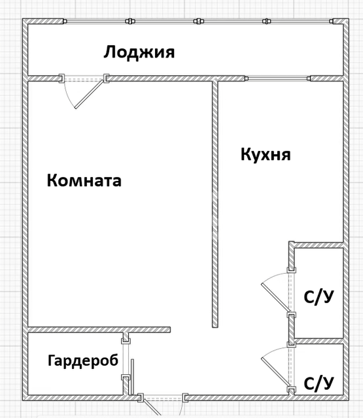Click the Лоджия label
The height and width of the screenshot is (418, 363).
[139, 52]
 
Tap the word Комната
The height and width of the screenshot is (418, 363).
[84, 180]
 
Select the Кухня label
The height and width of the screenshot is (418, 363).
[266, 155]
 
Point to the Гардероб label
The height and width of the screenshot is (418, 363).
[83, 361]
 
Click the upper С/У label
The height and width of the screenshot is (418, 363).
[319, 297]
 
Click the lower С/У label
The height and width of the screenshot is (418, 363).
[319, 383]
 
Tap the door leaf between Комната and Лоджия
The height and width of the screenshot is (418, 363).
[89, 94]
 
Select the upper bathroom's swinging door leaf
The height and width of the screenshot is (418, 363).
[276, 298]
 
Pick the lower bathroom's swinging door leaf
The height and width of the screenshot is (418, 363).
[276, 372]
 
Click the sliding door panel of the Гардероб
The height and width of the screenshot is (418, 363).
[132, 377]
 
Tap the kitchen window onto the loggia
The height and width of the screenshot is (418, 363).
[278, 78]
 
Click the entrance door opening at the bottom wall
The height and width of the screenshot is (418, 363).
[163, 398]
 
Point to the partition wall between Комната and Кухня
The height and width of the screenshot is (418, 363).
[215, 204]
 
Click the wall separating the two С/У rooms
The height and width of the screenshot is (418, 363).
[319, 341]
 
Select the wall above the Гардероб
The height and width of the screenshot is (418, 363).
[99, 329]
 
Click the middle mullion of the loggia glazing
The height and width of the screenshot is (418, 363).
[198, 21]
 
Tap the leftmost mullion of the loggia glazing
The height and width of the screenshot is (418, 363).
[130, 21]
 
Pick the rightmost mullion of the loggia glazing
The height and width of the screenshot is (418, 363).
[267, 21]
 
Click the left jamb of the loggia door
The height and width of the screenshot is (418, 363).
[61, 78]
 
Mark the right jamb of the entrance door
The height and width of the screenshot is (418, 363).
[185, 398]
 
